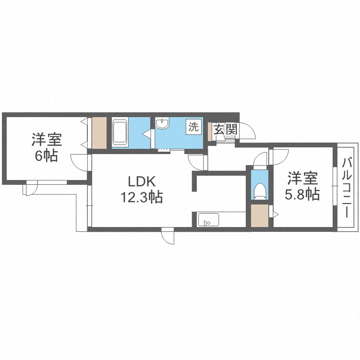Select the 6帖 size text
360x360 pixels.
(46, 156)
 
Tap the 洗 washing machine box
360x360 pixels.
(193, 127)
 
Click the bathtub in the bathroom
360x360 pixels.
(120, 133)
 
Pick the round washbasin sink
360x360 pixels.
(163, 124)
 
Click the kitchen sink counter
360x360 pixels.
(209, 220)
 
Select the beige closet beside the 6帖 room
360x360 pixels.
(99, 132)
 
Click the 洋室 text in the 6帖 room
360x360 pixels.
(46, 140)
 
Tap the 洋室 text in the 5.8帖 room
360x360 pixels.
(303, 179)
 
